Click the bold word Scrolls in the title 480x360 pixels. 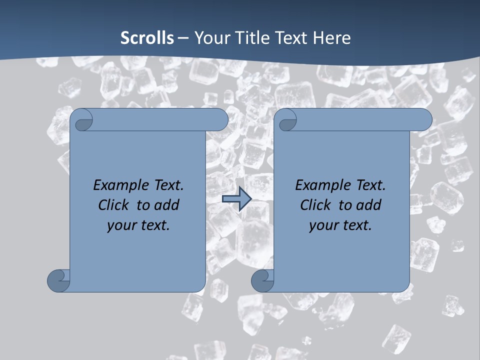point(147,38)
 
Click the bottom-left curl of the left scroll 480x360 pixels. point(59,280)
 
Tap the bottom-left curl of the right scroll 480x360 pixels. point(263,280)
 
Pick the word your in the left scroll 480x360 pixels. point(120,225)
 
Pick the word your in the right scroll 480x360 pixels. point(322,225)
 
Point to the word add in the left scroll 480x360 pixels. point(166,205)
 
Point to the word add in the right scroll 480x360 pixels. point(368,205)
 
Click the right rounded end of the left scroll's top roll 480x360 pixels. point(220,120)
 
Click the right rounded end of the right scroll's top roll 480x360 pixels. point(424,120)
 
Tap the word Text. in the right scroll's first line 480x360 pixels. point(370,185)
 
